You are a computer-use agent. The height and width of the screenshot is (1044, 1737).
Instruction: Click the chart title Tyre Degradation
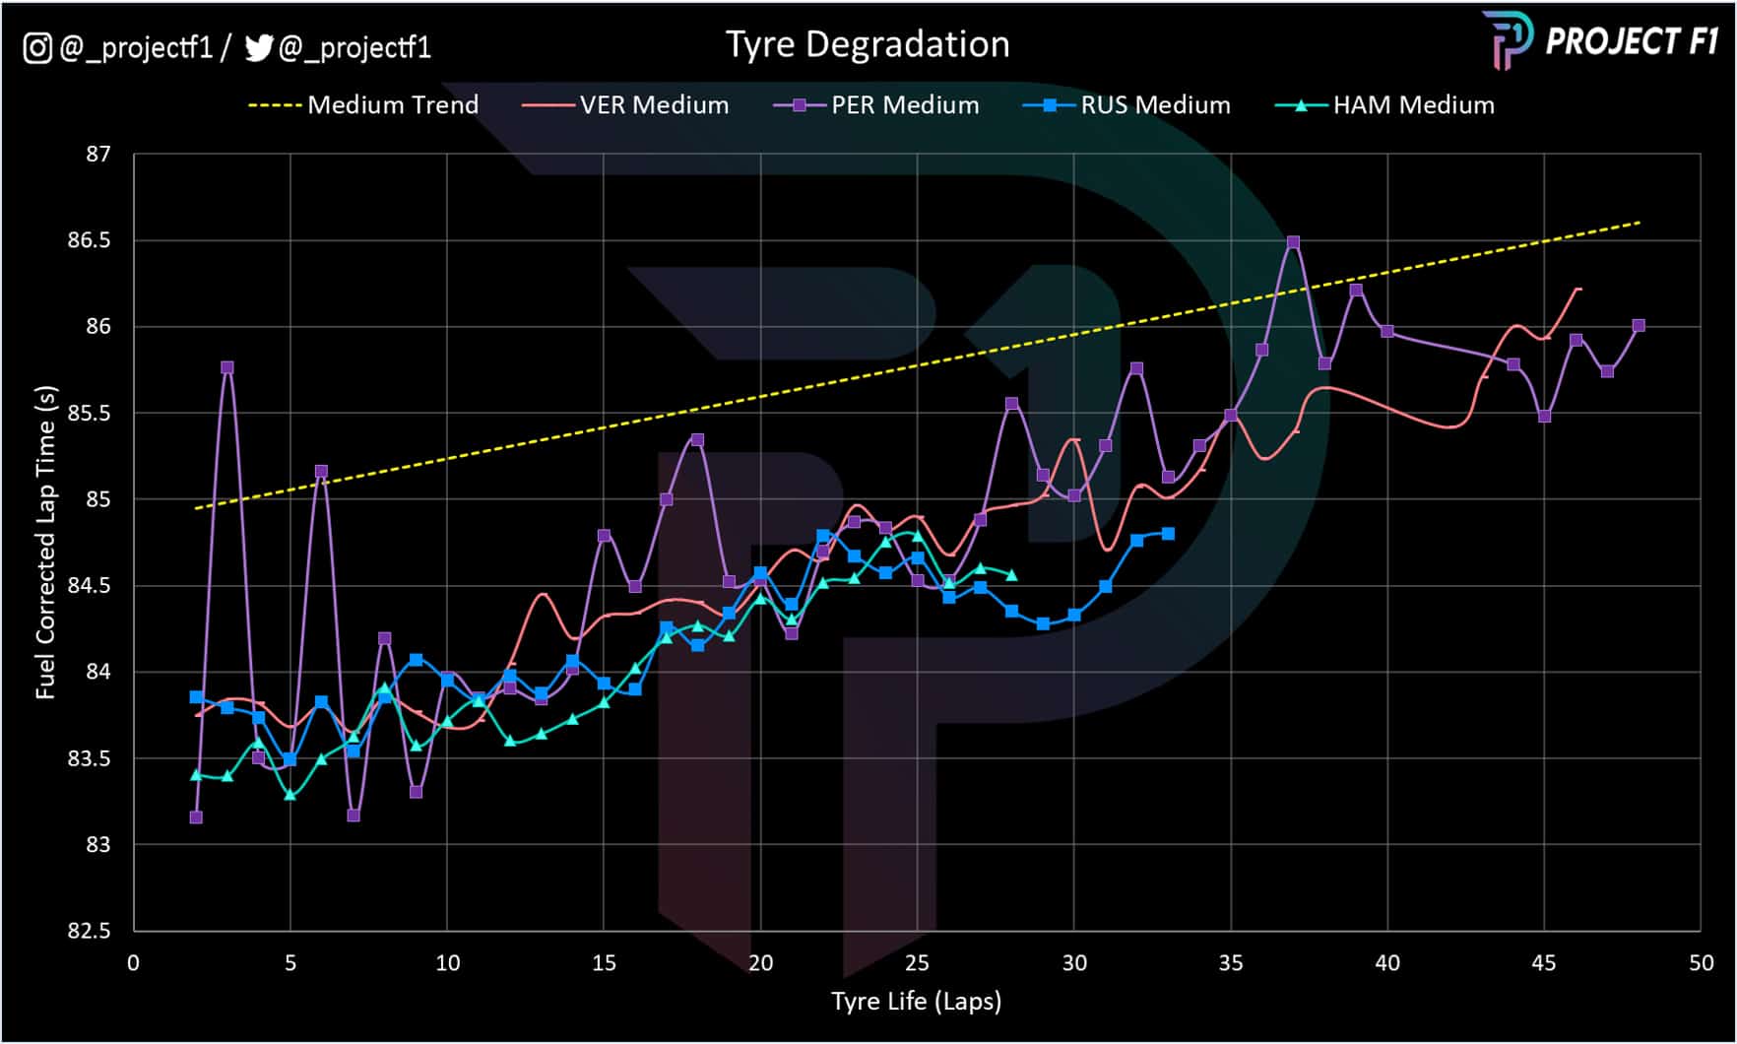tap(868, 44)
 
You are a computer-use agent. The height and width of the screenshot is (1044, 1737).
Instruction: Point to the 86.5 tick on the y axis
tap(89, 240)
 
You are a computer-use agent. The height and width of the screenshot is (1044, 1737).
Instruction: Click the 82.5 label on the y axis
tap(89, 931)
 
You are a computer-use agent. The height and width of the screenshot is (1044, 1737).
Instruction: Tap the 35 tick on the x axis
tap(1230, 963)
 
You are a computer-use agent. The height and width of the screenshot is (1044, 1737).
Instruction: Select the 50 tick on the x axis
tap(1701, 963)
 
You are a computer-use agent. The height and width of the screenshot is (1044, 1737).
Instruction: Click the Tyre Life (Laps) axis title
tap(916, 1002)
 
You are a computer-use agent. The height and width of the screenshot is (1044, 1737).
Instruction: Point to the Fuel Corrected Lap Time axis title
tap(45, 542)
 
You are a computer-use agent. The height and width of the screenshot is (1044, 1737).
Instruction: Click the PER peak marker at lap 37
tap(1293, 242)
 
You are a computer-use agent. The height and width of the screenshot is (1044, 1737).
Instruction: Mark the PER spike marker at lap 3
tap(227, 367)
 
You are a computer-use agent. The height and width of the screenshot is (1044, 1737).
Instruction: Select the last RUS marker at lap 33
tap(1168, 534)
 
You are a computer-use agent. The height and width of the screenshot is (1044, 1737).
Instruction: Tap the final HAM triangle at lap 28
tap(1011, 575)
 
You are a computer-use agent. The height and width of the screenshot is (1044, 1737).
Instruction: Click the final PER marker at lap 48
tap(1639, 326)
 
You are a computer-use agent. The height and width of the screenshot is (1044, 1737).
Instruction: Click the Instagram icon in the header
tap(37, 47)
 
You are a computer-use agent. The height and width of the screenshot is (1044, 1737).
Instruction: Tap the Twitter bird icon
tap(258, 47)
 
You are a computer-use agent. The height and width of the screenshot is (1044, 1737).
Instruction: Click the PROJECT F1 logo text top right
tap(1631, 41)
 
